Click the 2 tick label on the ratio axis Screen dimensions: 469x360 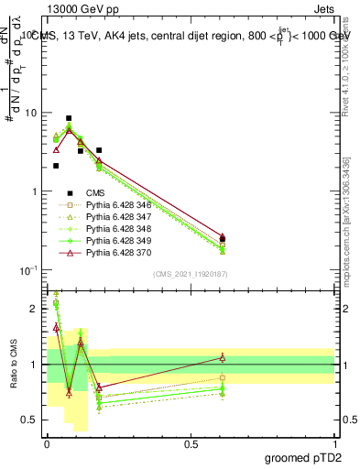pyautogui.click(x=34, y=309)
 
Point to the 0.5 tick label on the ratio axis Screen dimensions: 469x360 pyautogui.click(x=29, y=420)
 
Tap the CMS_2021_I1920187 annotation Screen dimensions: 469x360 pyautogui.click(x=191, y=274)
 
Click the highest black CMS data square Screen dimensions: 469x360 pyautogui.click(x=69, y=118)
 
